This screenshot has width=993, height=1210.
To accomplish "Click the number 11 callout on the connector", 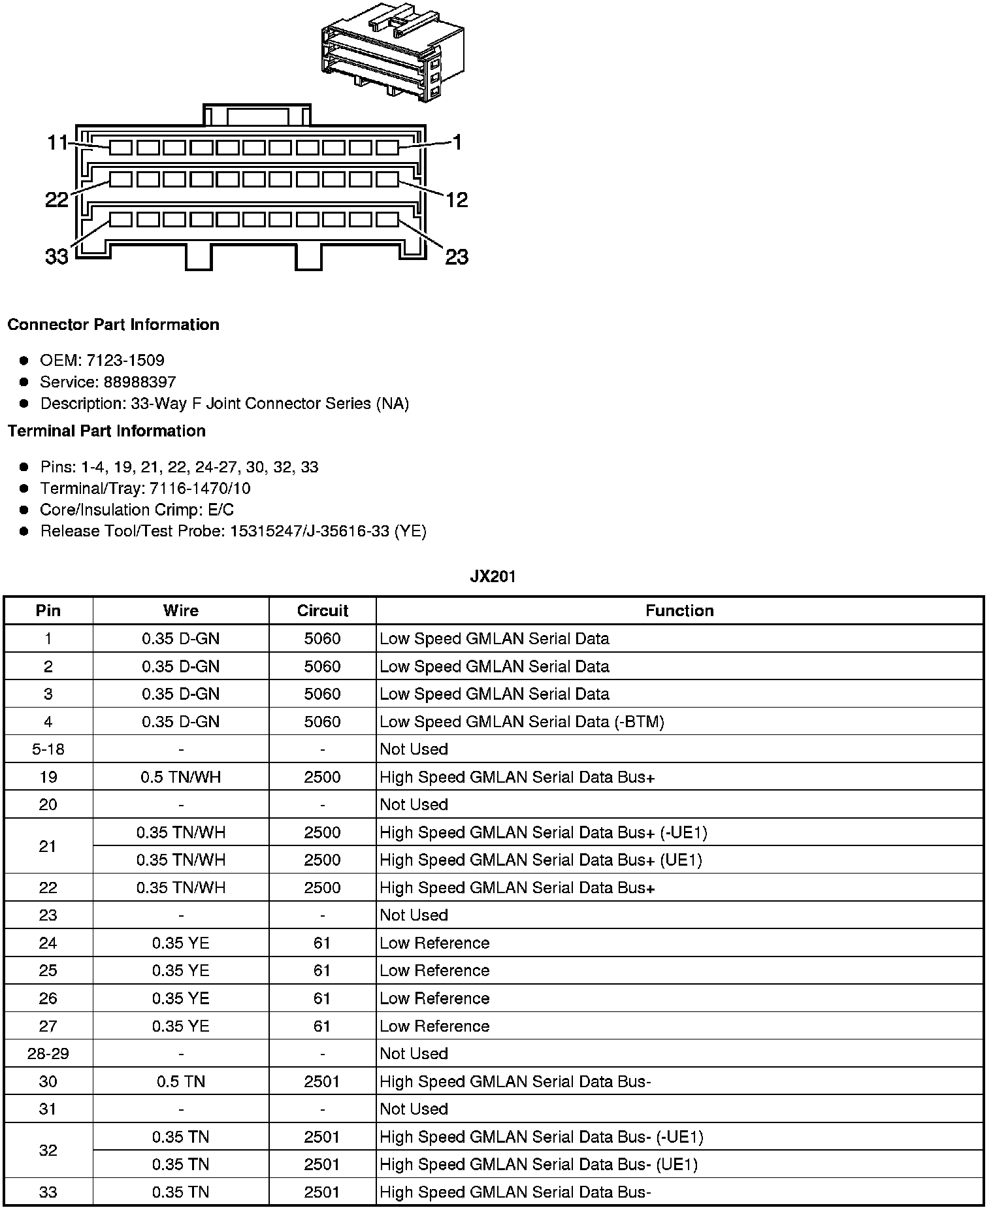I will [57, 142].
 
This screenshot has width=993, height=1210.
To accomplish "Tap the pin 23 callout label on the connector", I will [457, 257].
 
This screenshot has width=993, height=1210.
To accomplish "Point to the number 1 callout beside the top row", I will [457, 142].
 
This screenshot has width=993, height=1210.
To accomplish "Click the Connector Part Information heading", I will [113, 325].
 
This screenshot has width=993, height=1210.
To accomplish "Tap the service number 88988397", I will [140, 382].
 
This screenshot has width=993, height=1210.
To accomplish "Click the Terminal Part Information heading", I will [106, 431].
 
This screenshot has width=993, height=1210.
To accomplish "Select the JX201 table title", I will [493, 576].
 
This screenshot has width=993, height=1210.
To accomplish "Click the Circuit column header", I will [322, 611].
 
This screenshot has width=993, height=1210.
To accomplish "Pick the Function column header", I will [679, 611].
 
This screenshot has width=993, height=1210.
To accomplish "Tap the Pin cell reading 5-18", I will [48, 749].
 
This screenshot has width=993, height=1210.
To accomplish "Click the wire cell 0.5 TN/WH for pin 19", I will [181, 777].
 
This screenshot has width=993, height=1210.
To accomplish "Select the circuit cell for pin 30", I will [322, 1081].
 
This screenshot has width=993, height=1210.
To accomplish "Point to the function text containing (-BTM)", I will [521, 721].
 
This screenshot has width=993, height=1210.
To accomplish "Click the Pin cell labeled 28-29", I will [48, 1053].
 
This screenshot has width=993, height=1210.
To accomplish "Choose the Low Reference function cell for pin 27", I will [434, 1026].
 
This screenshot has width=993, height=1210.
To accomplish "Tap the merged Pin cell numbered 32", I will [48, 1151].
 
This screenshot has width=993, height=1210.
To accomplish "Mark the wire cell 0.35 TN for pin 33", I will [181, 1192].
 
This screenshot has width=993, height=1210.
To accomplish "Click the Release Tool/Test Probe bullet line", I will [233, 531].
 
